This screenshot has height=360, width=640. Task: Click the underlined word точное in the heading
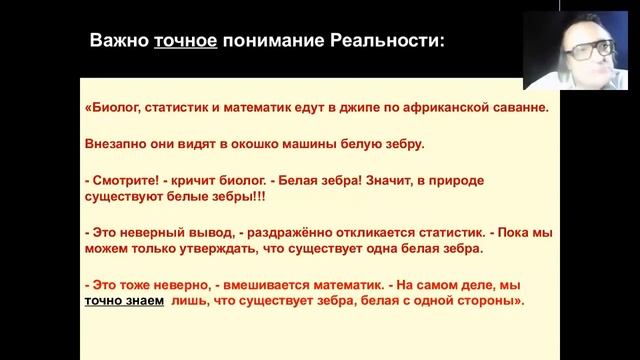click(185, 42)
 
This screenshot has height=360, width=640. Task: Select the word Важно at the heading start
click(120, 42)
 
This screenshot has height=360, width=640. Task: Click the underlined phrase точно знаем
click(124, 300)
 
